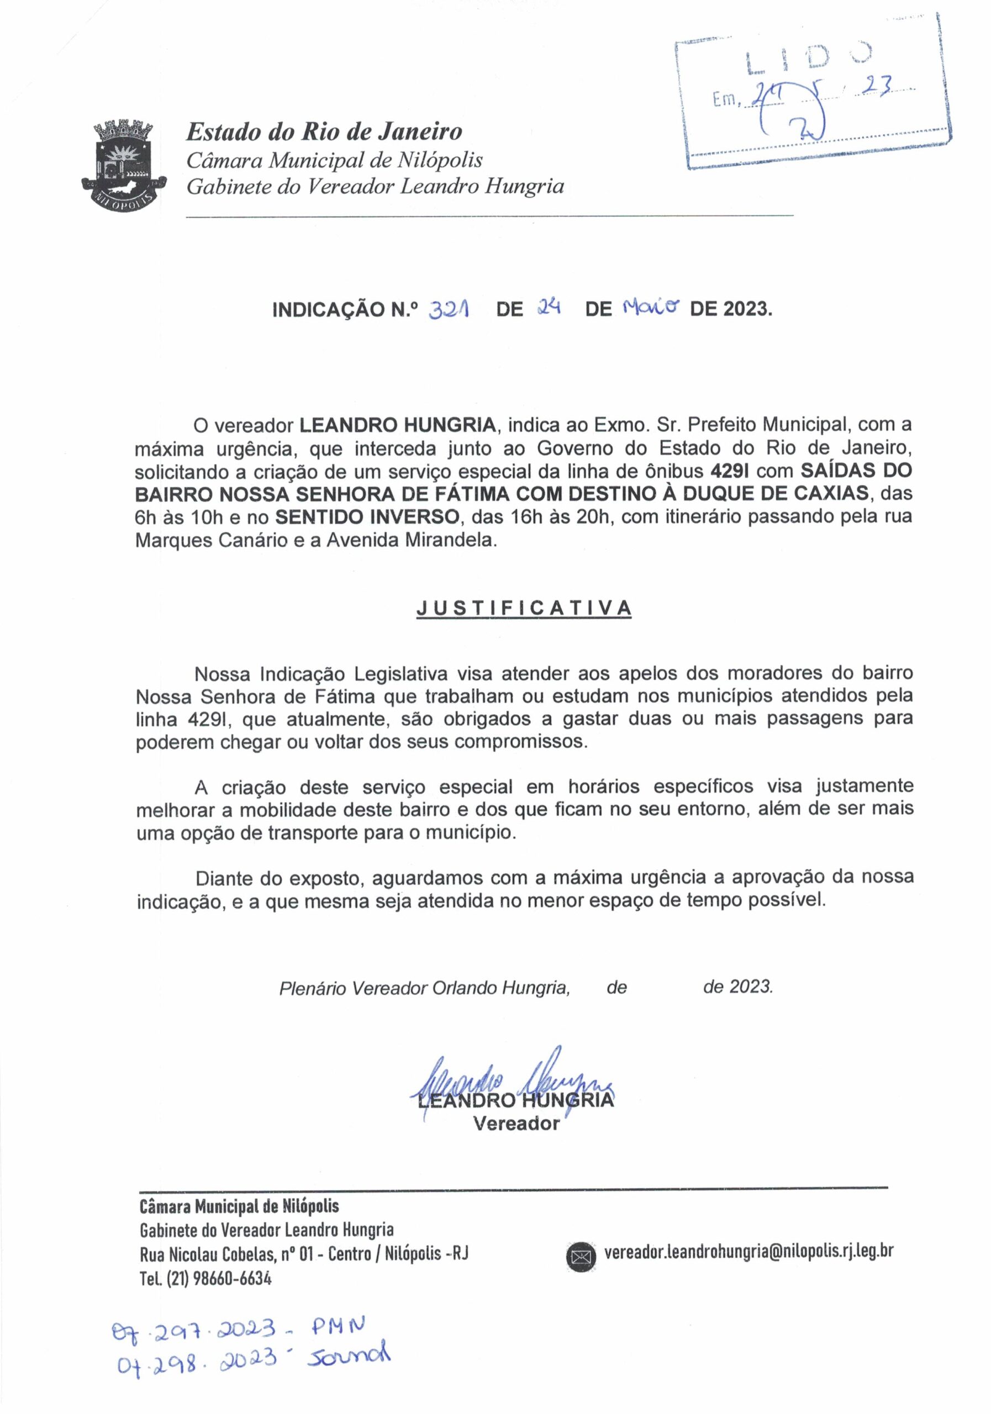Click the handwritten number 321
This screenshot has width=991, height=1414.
pyautogui.click(x=449, y=309)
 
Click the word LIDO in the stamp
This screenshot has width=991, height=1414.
pyautogui.click(x=809, y=60)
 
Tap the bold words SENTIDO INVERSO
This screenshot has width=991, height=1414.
pyautogui.click(x=367, y=516)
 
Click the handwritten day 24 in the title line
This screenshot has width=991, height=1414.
pyautogui.click(x=547, y=307)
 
